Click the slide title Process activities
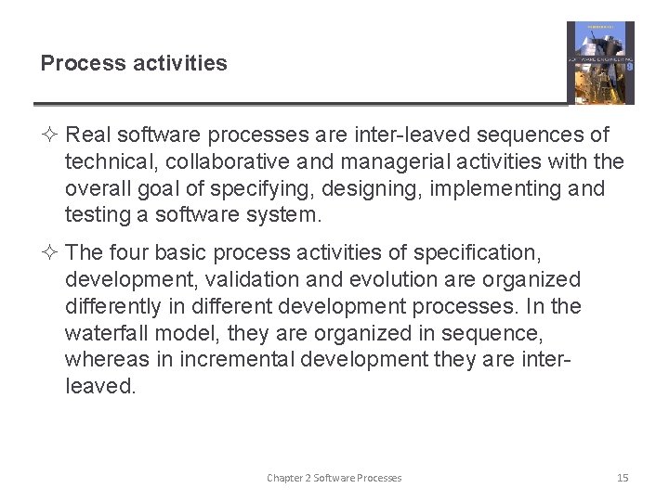pos(134,63)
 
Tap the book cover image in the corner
pos(600,63)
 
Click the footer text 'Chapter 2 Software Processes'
pos(334,478)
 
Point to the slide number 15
pos(623,478)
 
